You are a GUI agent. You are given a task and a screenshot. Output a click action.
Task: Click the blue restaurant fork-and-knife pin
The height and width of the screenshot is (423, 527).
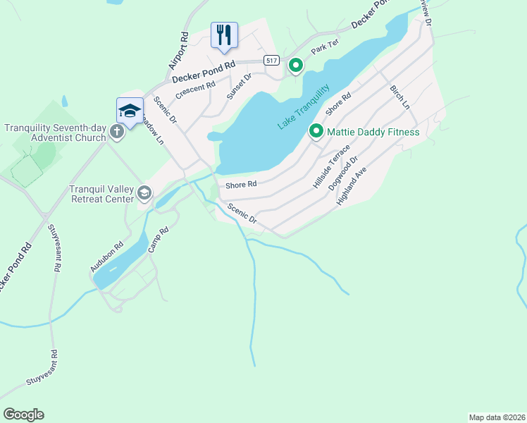point(224,35)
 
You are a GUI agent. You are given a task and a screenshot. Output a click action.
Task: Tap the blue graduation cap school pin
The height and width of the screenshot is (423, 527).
point(130,110)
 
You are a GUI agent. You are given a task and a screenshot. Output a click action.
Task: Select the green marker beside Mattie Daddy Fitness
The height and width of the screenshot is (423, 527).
point(316,132)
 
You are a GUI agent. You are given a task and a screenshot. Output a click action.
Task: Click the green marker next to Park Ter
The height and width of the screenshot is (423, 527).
point(296,66)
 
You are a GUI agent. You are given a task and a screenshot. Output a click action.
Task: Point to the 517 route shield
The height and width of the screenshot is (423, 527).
point(271,61)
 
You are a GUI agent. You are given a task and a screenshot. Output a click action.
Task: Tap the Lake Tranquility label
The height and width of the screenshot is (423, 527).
point(304,106)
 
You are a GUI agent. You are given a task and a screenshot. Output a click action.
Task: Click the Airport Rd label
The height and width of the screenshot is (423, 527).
point(179,51)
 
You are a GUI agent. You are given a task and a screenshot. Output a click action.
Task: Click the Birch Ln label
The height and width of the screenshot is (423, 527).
point(400,97)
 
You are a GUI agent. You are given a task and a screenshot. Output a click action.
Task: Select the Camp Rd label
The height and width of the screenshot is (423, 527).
point(159,240)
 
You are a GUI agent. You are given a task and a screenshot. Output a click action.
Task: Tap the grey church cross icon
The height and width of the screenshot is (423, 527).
point(117,133)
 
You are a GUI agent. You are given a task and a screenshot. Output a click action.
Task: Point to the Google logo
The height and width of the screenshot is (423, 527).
point(23,415)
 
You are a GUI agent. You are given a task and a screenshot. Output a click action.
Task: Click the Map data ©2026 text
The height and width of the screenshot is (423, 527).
point(497,417)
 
